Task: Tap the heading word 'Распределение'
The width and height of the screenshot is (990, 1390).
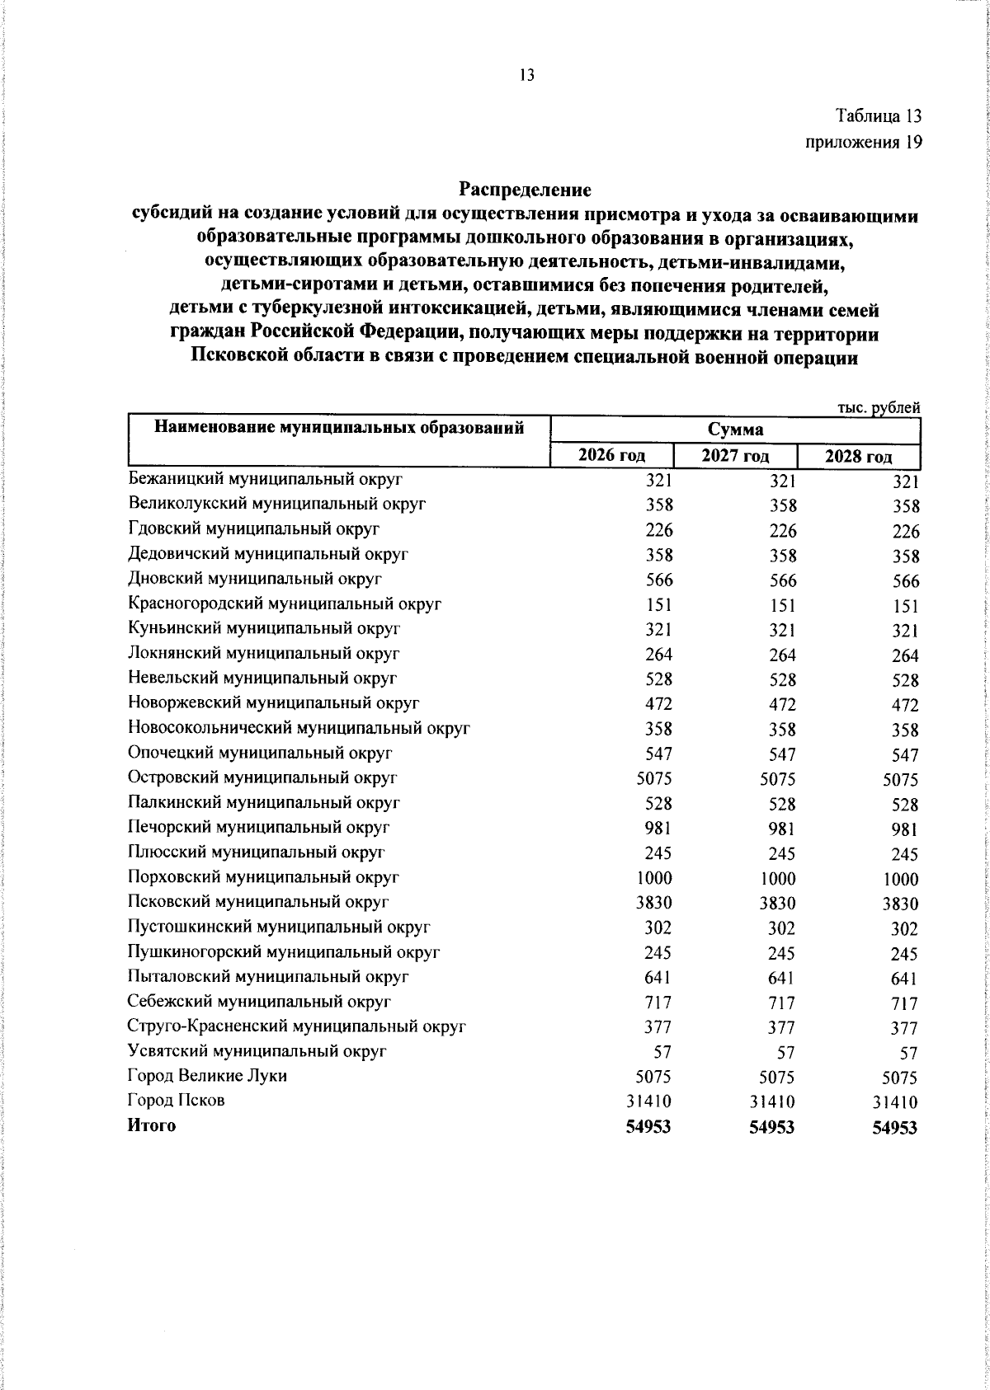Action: pyautogui.click(x=526, y=190)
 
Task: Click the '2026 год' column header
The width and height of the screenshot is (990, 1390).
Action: pyautogui.click(x=611, y=455)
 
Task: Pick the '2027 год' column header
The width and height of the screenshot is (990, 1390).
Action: pyautogui.click(x=735, y=455)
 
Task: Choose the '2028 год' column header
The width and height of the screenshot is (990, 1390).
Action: pyautogui.click(x=859, y=456)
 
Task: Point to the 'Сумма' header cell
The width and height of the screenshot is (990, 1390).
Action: pyautogui.click(x=734, y=430)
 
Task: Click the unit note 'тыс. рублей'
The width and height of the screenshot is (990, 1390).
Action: pyautogui.click(x=878, y=407)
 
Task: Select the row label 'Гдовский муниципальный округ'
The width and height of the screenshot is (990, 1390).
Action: pyautogui.click(x=254, y=529)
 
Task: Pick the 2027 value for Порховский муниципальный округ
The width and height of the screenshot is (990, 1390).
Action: pyautogui.click(x=777, y=879)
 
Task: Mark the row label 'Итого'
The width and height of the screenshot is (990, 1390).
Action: pyautogui.click(x=152, y=1125)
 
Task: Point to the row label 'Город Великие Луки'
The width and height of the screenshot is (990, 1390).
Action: pyautogui.click(x=207, y=1076)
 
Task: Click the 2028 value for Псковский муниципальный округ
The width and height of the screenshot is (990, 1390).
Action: pyautogui.click(x=900, y=904)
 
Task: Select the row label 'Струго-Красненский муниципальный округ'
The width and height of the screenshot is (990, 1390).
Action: pyautogui.click(x=297, y=1026)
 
